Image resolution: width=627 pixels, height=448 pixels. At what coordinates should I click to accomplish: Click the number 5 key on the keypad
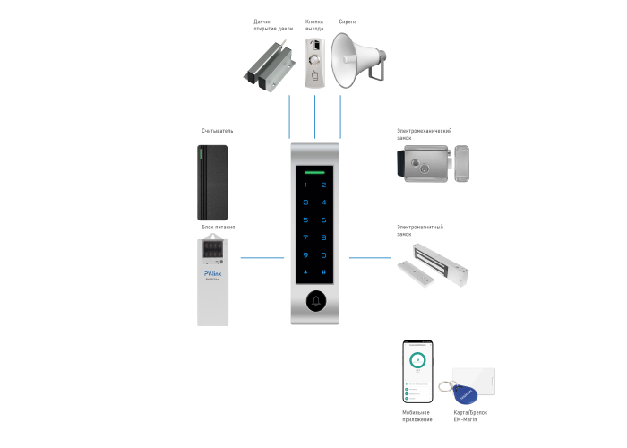[305, 220]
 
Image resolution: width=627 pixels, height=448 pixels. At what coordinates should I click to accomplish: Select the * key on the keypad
[305, 271]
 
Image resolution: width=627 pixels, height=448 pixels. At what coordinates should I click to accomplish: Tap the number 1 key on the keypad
[305, 186]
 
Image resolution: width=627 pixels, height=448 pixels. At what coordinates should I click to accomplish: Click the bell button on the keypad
[315, 302]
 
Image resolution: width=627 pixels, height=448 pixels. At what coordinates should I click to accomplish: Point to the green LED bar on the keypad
[315, 171]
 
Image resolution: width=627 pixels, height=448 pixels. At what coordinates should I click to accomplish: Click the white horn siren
[356, 61]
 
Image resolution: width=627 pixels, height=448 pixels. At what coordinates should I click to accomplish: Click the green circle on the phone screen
[417, 361]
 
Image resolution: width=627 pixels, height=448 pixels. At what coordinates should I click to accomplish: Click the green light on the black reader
[204, 153]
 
